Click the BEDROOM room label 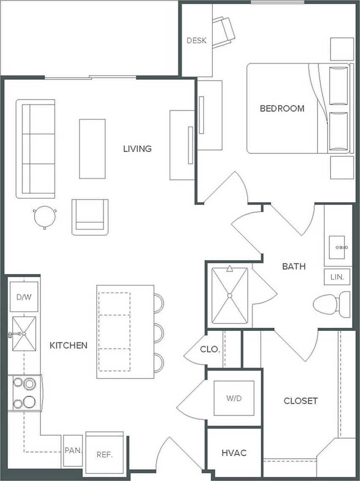[x=282, y=108]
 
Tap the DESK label [x=197, y=41]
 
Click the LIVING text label [x=137, y=149]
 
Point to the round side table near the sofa [x=44, y=216]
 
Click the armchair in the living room [x=90, y=217]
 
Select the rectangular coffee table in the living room [x=92, y=149]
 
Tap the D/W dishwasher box [x=24, y=297]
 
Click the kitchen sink [x=24, y=334]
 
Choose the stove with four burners [x=25, y=393]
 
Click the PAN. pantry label [x=73, y=451]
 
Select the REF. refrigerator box [x=104, y=454]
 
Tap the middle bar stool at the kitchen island [x=159, y=332]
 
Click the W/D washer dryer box [x=234, y=398]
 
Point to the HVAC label [x=234, y=453]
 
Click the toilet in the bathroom [x=332, y=304]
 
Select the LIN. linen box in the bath [x=337, y=277]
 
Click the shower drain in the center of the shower [x=230, y=295]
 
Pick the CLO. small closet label [x=210, y=350]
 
